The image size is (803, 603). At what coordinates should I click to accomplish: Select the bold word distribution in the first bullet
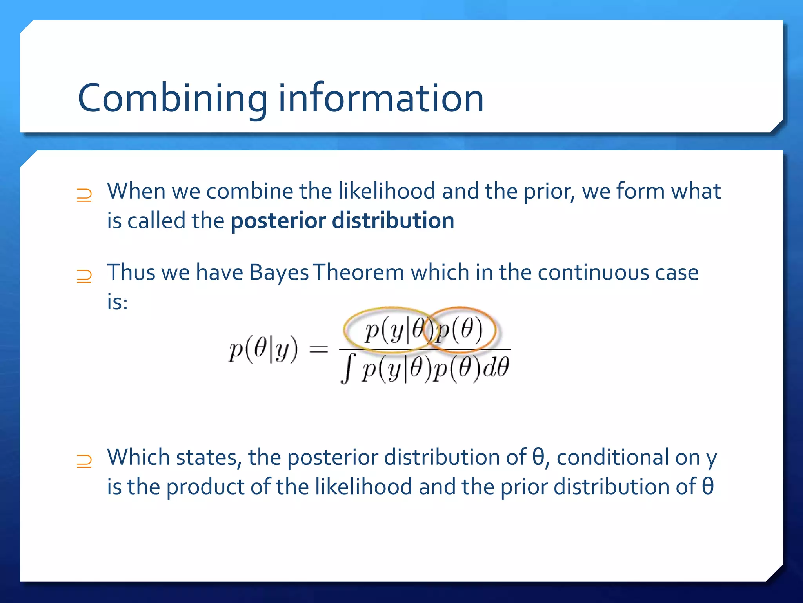393,221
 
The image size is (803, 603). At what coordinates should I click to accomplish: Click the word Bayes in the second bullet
279,272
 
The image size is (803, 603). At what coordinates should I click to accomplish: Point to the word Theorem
359,272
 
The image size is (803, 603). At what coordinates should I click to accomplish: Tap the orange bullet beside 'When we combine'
84,195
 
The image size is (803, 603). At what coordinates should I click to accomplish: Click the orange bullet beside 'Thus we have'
84,276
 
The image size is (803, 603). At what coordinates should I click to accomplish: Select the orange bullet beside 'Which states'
84,461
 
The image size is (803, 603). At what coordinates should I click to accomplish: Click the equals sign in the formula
318,349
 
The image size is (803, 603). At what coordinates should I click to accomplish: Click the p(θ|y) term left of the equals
263,349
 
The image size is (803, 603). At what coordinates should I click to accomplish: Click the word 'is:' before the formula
117,302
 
